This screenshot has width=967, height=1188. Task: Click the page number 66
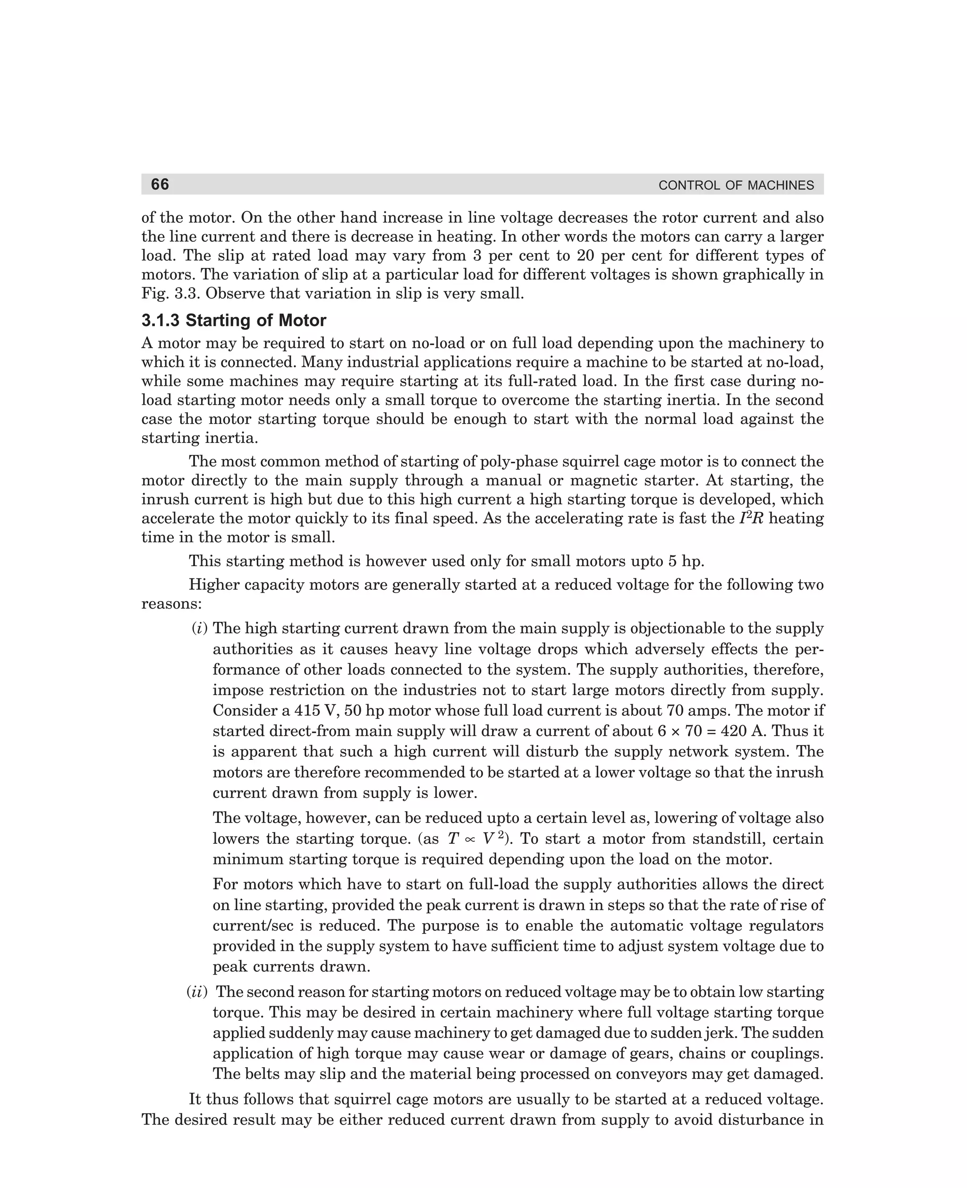160,184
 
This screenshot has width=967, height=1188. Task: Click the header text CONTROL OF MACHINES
735,186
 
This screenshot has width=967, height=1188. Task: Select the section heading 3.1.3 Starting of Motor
233,321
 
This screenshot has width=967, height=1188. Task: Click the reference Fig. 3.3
171,294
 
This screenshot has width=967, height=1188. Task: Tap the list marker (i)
199,629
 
